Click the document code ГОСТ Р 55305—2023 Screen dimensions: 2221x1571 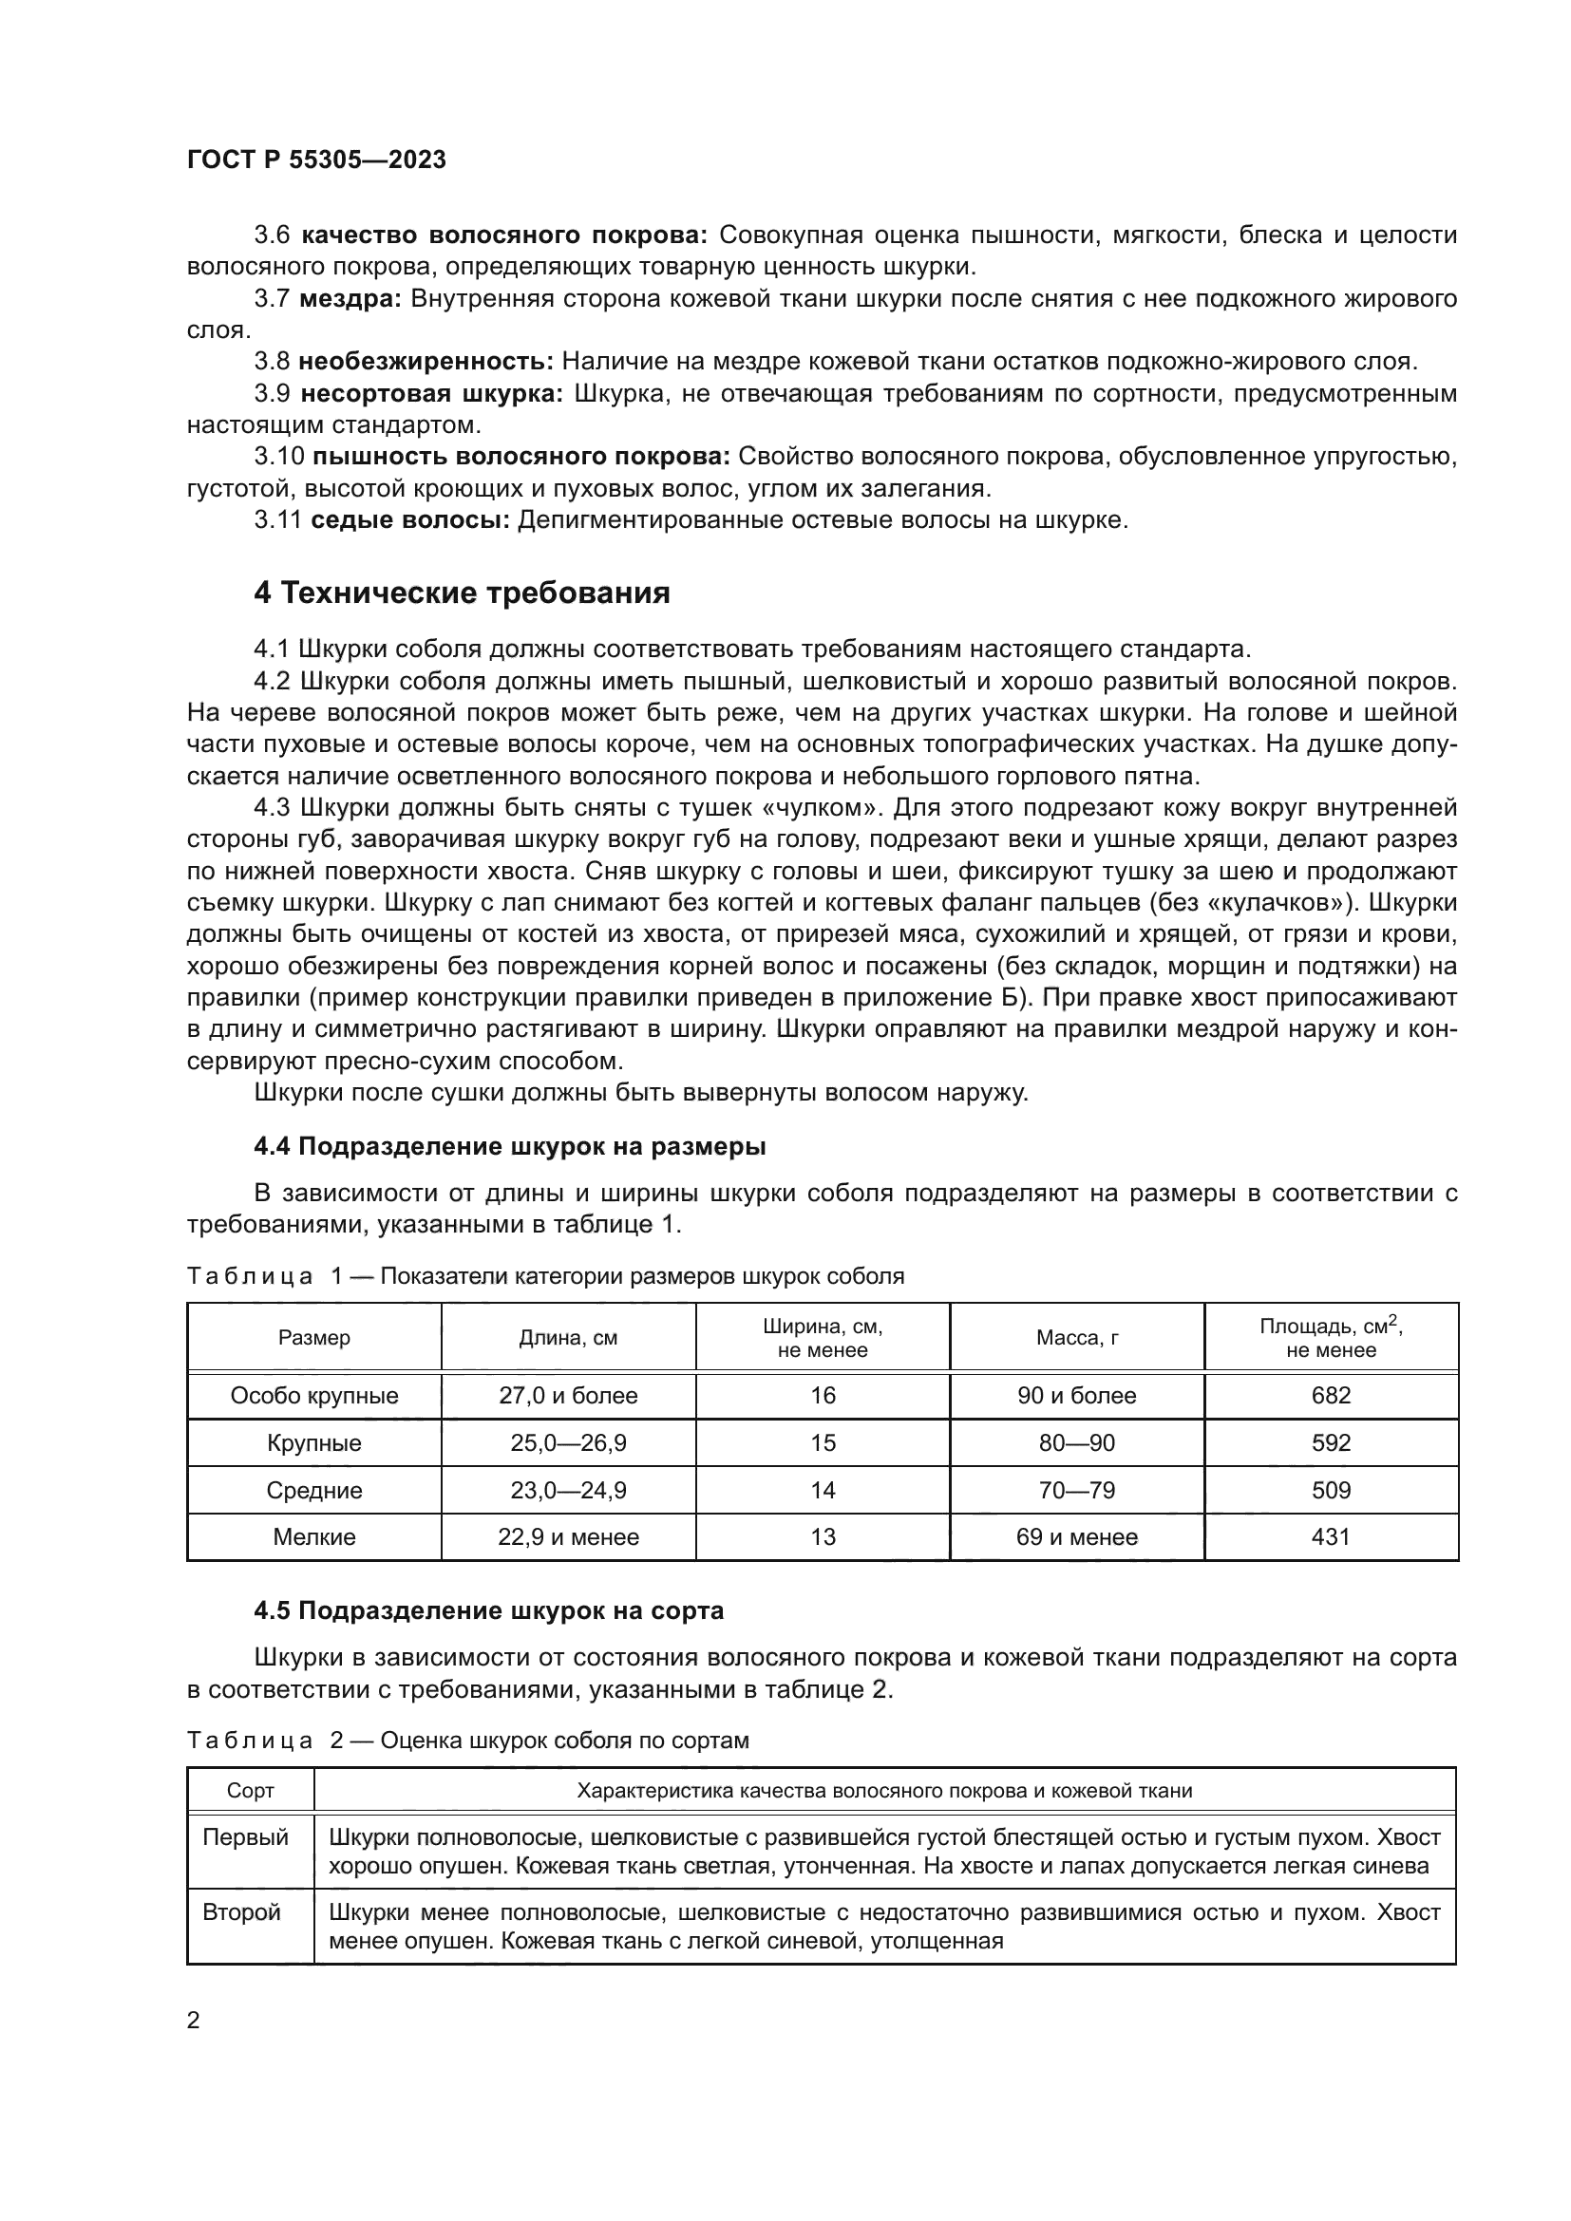coord(316,160)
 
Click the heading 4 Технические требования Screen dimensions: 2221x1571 coord(462,593)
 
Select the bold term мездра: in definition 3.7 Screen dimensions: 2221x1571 coord(350,299)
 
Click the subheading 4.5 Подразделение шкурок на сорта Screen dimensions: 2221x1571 coord(487,1610)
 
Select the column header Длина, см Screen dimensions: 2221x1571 coord(568,1338)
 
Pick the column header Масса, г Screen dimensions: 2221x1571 coord(1077,1338)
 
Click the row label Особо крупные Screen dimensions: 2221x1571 coord(314,1396)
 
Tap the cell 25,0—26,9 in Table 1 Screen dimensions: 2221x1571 coord(568,1443)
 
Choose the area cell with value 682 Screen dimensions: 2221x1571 coord(1331,1396)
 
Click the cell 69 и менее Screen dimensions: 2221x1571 coord(1077,1537)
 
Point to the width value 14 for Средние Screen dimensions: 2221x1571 coord(823,1491)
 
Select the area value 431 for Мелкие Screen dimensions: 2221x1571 coord(1331,1537)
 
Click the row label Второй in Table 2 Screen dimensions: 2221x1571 coord(241,1912)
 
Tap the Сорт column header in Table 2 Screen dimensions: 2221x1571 coord(251,1791)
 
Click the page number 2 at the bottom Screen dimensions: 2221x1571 coord(194,2021)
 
